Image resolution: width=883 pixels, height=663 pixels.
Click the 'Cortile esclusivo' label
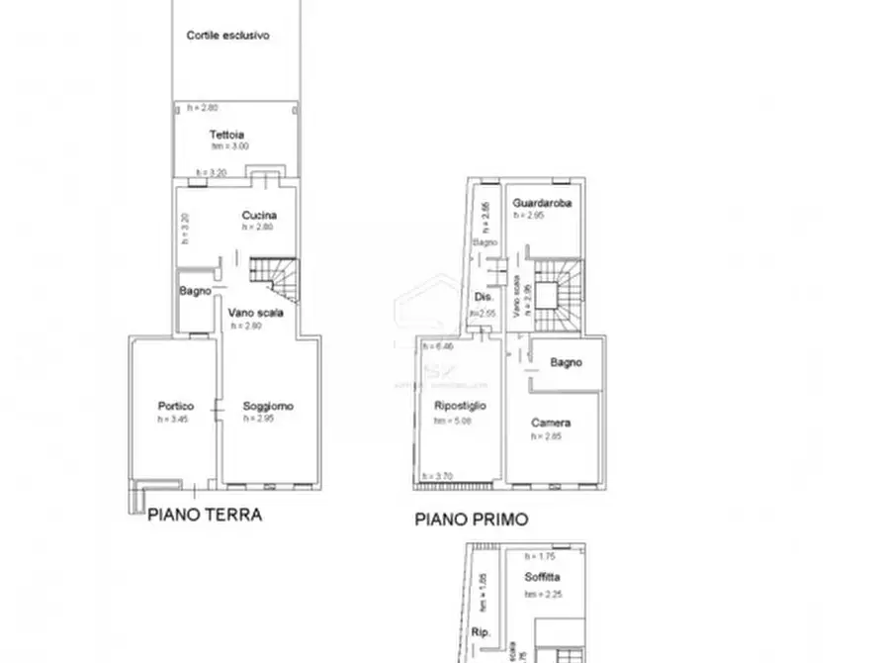(x=228, y=36)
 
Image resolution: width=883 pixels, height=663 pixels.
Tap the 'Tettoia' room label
(x=226, y=135)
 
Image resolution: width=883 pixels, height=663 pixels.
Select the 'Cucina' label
(x=258, y=215)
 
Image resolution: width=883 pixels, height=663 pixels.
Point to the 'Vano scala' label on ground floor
(x=256, y=313)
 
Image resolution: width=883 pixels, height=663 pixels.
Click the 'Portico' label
(x=175, y=406)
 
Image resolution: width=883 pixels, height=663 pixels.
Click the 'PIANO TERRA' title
(x=205, y=515)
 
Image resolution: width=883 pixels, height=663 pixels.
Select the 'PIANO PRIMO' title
(x=471, y=518)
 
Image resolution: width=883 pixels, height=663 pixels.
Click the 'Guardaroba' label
(x=542, y=203)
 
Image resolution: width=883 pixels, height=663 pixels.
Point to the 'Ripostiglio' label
(x=460, y=406)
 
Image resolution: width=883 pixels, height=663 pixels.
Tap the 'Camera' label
(x=550, y=423)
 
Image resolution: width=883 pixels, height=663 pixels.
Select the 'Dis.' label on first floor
(x=484, y=297)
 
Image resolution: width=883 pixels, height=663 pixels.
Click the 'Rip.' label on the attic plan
(x=483, y=630)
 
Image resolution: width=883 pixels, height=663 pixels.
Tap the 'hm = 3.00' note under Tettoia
(x=228, y=146)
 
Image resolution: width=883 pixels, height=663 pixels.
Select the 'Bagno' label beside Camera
(x=567, y=362)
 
